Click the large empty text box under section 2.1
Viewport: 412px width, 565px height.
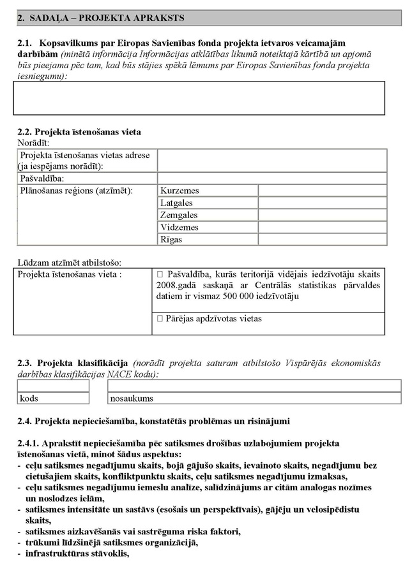199,98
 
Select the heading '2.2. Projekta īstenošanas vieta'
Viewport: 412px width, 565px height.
79,132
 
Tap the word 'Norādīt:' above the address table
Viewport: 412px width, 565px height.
33,142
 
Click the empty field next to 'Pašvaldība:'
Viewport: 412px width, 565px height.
272,179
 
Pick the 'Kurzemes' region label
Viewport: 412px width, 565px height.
180,191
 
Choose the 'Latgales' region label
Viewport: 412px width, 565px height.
176,203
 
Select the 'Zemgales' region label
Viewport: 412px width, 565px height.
179,215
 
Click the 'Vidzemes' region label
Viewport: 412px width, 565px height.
179,227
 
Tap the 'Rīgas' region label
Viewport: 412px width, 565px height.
171,239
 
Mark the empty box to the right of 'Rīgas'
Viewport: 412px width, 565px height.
322,239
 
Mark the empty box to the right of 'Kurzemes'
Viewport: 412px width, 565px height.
322,191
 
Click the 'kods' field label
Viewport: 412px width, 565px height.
29,399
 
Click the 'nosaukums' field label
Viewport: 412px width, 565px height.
132,399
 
